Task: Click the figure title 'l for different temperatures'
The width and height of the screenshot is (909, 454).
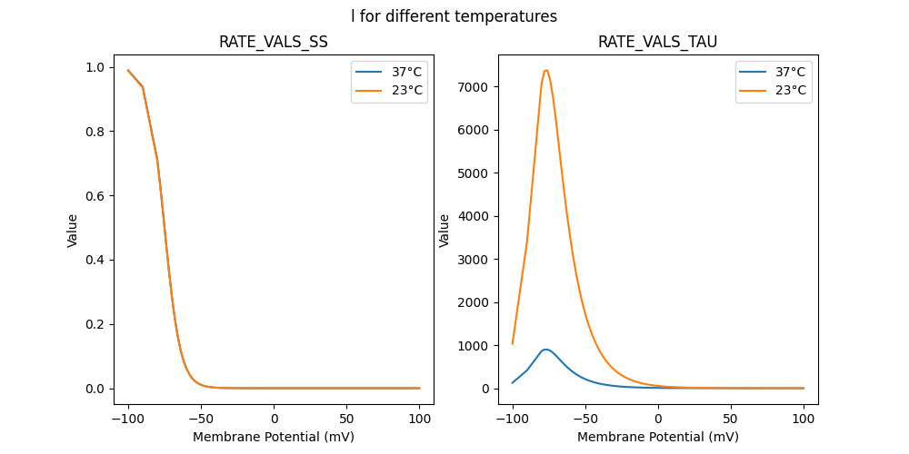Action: (454, 16)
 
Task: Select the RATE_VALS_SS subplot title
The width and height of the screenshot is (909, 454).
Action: (274, 43)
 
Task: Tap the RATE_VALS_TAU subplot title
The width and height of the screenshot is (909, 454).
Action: (658, 43)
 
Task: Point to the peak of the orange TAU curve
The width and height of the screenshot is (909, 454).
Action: (546, 70)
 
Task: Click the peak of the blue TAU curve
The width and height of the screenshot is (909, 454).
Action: (545, 349)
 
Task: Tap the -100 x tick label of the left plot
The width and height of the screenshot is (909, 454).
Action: (127, 419)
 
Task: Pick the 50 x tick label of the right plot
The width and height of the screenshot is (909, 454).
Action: (731, 419)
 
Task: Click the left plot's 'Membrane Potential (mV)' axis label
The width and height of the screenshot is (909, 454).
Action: (274, 437)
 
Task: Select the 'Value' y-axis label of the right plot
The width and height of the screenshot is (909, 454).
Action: (445, 231)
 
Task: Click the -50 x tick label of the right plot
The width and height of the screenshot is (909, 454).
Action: (584, 419)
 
